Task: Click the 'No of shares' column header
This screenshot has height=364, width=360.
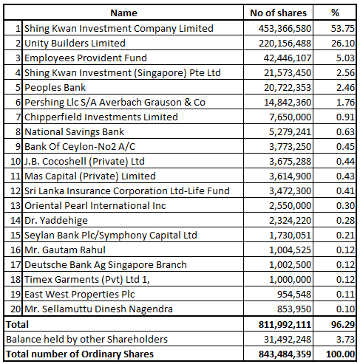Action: click(x=278, y=13)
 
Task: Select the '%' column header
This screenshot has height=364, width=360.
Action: click(x=335, y=13)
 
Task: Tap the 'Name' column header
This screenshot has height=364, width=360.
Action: click(x=123, y=13)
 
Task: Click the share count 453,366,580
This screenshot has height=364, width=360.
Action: click(x=285, y=29)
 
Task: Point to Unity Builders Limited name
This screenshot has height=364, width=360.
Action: click(x=75, y=44)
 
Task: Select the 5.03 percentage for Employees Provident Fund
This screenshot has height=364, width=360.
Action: click(x=345, y=58)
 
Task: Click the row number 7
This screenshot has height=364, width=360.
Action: click(x=18, y=117)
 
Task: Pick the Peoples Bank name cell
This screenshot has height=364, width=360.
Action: click(x=55, y=88)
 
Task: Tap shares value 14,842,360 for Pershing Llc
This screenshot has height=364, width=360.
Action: click(x=288, y=103)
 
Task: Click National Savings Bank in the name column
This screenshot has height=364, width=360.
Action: click(x=74, y=132)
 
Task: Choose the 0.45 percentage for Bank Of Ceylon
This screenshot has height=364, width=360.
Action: click(x=345, y=147)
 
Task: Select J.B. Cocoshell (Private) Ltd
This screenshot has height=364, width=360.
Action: click(x=84, y=162)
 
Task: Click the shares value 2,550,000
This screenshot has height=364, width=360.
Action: click(x=290, y=206)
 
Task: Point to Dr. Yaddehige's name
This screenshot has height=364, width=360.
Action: click(x=56, y=221)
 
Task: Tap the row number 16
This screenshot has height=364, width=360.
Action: click(x=16, y=250)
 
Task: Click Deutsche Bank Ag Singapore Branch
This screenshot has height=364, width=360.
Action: click(x=106, y=265)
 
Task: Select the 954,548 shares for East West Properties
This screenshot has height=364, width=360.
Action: click(x=294, y=295)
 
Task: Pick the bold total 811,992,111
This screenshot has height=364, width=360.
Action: click(x=285, y=325)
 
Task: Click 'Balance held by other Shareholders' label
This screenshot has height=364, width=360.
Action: click(x=86, y=340)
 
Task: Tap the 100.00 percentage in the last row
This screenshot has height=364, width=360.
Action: click(x=340, y=354)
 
